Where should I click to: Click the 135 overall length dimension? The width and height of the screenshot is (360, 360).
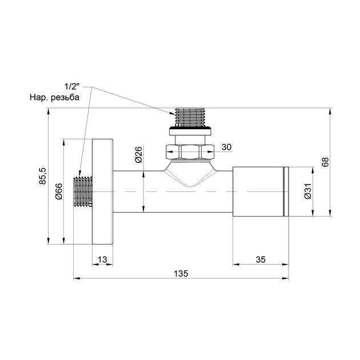point(181,273)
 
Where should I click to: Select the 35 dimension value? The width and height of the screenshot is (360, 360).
point(260,259)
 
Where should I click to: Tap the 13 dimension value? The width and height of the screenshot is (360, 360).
point(102,259)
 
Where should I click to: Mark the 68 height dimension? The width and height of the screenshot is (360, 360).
point(325,162)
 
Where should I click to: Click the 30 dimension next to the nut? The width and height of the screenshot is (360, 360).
point(226,147)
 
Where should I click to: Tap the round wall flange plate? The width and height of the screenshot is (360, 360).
point(103,192)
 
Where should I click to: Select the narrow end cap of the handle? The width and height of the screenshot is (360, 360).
point(287,192)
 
